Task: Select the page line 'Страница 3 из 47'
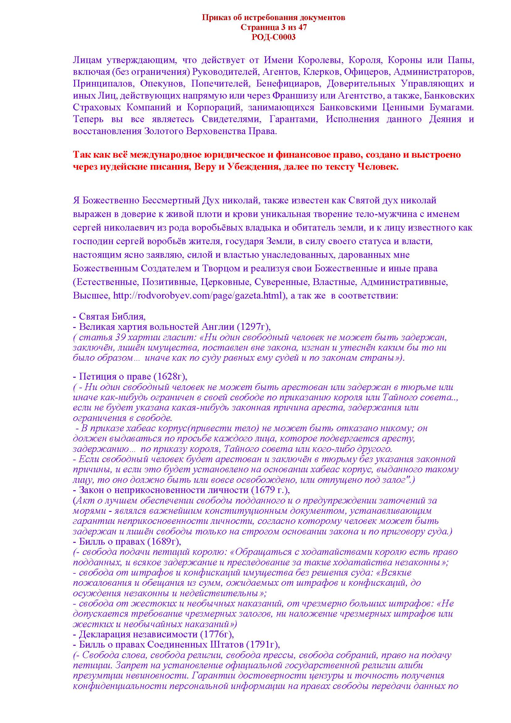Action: coord(273,28)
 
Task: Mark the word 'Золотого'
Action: coord(163,131)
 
